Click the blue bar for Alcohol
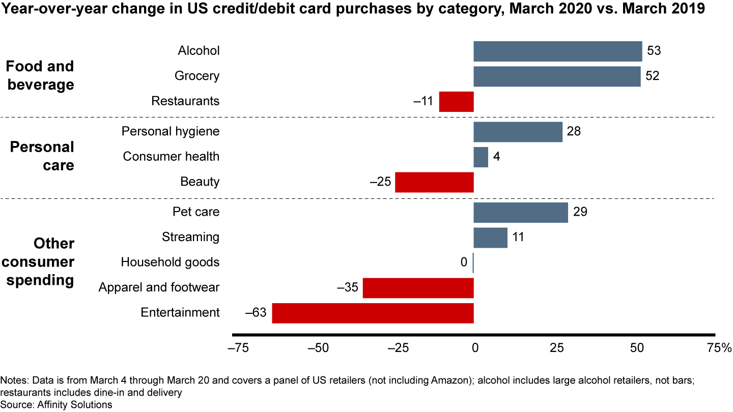557,51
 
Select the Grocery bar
557,76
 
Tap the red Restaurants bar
456,101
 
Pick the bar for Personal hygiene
518,132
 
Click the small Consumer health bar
481,157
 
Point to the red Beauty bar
434,182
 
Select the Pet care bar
520,212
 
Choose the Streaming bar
490,238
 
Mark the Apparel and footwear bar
418,288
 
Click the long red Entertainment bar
373,313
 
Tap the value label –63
256,313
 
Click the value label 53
654,51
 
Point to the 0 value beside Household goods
464,262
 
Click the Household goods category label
170,262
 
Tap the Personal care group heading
43,156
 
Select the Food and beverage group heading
41,75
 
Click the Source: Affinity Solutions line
56,405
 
